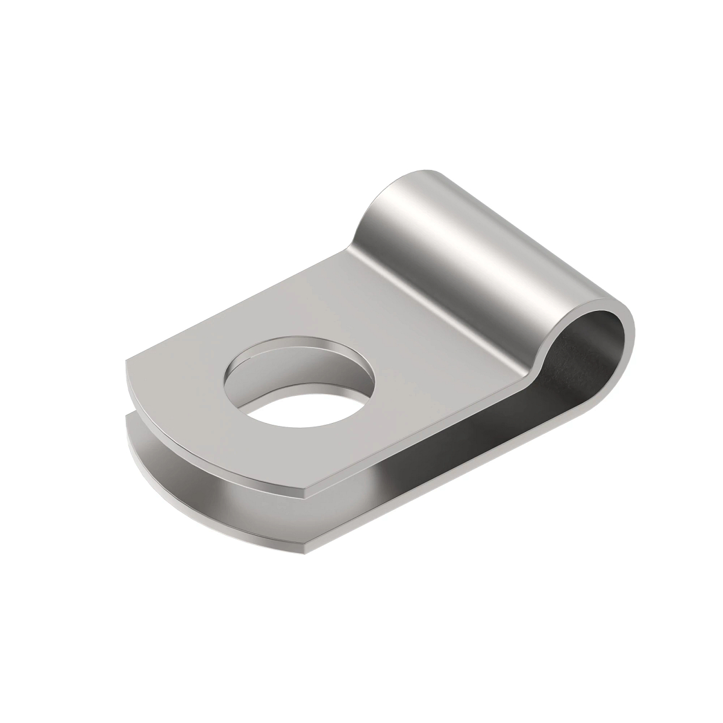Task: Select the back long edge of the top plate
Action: (241, 301)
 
